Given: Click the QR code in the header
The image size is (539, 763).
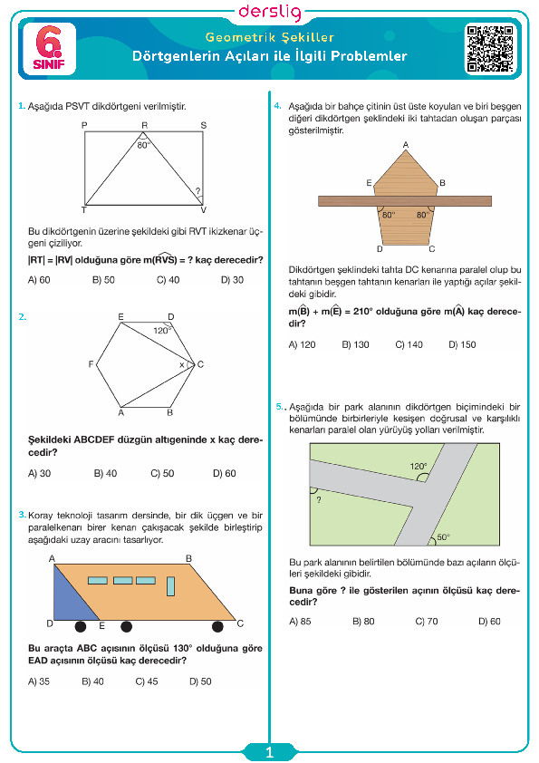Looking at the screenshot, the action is coord(490,49).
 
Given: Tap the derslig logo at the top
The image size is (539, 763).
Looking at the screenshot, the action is coord(270,12).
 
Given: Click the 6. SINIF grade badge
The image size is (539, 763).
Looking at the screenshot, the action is coord(49,49).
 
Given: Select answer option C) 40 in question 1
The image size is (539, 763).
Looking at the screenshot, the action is coord(168,280).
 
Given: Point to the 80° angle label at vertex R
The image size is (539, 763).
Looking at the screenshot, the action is coord(143,145).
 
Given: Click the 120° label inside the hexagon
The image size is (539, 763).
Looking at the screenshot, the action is coord(162,330).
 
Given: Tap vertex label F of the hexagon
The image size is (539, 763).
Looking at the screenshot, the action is coord(91,364).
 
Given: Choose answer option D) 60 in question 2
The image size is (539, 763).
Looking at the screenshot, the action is coord(225,473).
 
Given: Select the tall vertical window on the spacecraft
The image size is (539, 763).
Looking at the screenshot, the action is coord(170,586).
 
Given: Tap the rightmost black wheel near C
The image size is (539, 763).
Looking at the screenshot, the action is coord(217,626).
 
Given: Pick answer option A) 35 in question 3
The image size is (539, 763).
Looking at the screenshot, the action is coord(39,681).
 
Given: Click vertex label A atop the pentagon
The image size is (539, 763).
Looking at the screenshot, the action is coord(406,144).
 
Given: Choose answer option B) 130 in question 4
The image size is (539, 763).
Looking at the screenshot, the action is coord(356,344).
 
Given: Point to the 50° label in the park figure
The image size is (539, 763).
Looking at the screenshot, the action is coord(443,536).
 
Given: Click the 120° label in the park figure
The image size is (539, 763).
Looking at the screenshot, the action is coord(419,466).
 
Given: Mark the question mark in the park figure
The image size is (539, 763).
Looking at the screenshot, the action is coord(319,499).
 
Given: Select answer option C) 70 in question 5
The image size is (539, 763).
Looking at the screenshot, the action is coord(427,621).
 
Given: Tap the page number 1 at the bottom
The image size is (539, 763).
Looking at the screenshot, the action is coord(270,753).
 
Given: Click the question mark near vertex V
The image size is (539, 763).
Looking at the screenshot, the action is coord(198,191).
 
